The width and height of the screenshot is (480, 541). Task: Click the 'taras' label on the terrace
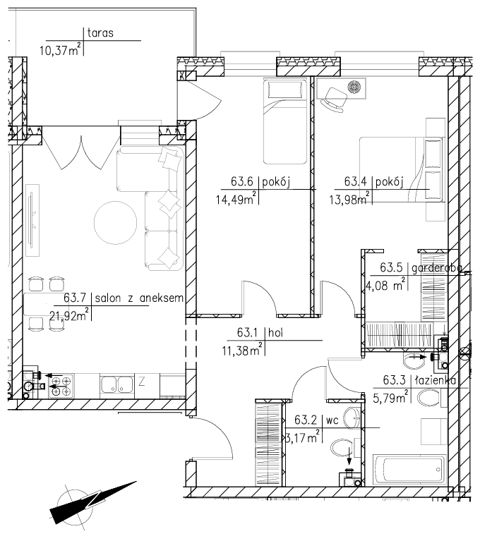[x=100, y=33]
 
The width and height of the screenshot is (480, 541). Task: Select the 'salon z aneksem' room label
[x=139, y=298]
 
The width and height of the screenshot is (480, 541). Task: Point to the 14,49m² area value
[x=236, y=198]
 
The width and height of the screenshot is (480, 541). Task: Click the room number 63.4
[x=355, y=181]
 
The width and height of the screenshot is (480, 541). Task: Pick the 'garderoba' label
[x=436, y=268]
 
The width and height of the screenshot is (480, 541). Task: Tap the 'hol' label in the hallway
[x=275, y=333]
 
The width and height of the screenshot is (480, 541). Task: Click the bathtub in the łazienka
[x=409, y=469]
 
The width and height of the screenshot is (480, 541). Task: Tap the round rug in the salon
[x=115, y=223]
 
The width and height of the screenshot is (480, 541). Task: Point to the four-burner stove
[x=61, y=386]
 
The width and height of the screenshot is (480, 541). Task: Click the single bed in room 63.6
[x=285, y=121]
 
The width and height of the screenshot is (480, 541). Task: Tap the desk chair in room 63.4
[x=334, y=99]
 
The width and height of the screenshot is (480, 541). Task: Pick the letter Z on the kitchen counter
[x=141, y=382]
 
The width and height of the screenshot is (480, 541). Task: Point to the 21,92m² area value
[x=69, y=315]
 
